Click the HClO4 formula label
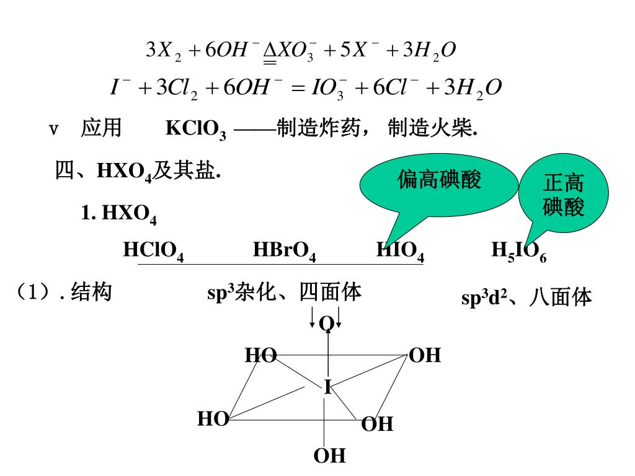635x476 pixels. point(153,251)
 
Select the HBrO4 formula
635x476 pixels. point(285,251)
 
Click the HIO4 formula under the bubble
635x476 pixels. point(400,251)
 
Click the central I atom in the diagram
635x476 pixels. point(327,387)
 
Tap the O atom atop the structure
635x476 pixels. point(327,324)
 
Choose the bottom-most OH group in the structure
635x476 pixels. point(329,456)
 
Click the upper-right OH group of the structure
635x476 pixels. point(425,356)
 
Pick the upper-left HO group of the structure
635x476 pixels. point(260,355)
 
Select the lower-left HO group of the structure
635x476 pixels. point(213,420)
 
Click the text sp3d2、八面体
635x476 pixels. point(526,298)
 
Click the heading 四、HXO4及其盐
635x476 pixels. point(138,172)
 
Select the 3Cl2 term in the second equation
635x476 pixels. point(176,88)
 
